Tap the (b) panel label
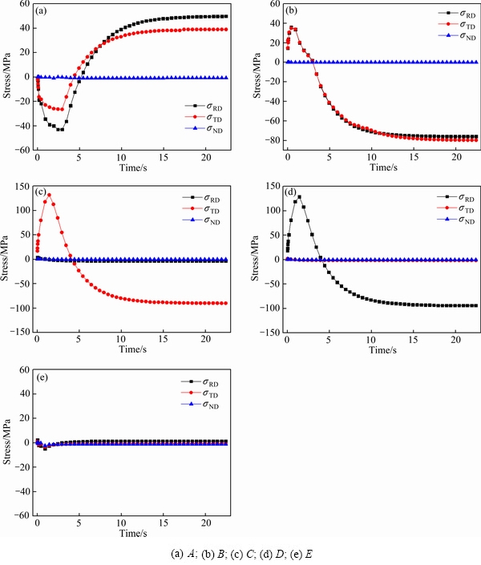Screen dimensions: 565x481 point(293,12)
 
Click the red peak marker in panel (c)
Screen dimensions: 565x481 point(49,195)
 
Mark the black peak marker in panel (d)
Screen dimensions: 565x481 point(299,196)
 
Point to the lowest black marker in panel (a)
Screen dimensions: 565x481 point(60,129)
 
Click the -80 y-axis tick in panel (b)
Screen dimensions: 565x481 point(270,140)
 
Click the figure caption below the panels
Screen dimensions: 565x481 point(240,554)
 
